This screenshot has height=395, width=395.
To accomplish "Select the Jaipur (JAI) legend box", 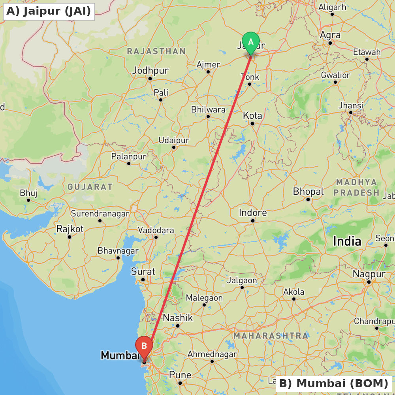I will tap(49, 11).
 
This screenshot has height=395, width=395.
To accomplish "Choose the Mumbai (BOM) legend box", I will tap(334, 383).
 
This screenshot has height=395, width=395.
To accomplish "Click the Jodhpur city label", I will tap(150, 71).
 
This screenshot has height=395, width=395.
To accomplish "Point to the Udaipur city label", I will tap(174, 140).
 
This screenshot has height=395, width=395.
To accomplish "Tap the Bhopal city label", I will tap(308, 192).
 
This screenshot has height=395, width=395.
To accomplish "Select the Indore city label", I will tap(253, 213).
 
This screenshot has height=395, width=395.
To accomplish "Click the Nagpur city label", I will tap(369, 274).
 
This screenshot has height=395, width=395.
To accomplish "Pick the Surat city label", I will tap(143, 272).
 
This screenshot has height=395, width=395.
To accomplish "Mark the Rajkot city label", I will tap(70, 229).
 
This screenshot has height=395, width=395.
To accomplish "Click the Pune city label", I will tap(180, 375).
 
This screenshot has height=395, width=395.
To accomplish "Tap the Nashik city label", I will tap(178, 318).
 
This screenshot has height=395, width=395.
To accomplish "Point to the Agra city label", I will tap(330, 35).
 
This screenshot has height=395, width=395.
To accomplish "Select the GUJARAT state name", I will tap(90, 187).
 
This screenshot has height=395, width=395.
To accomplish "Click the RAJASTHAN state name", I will tap(156, 51).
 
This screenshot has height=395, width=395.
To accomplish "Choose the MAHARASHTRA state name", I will tap(271, 336).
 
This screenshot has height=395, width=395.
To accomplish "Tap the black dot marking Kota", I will tap(252, 124).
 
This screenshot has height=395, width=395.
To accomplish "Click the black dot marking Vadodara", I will tap(156, 237).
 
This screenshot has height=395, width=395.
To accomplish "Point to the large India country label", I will tap(347, 241).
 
